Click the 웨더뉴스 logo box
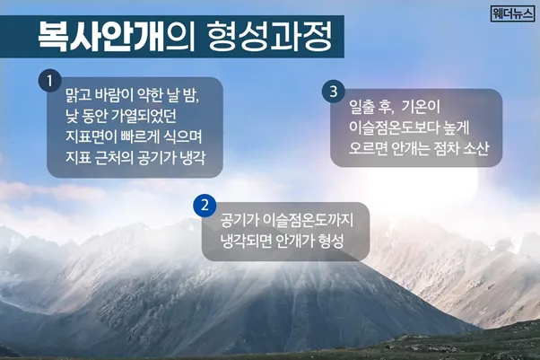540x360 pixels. tap(512, 13)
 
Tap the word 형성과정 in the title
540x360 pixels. tap(270, 37)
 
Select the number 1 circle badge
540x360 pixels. tap(50, 82)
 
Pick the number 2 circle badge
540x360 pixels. tap(205, 206)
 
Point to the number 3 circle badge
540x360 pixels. tap(334, 92)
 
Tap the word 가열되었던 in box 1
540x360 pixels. tap(144, 116)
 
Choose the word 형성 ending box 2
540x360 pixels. tap(331, 241)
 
